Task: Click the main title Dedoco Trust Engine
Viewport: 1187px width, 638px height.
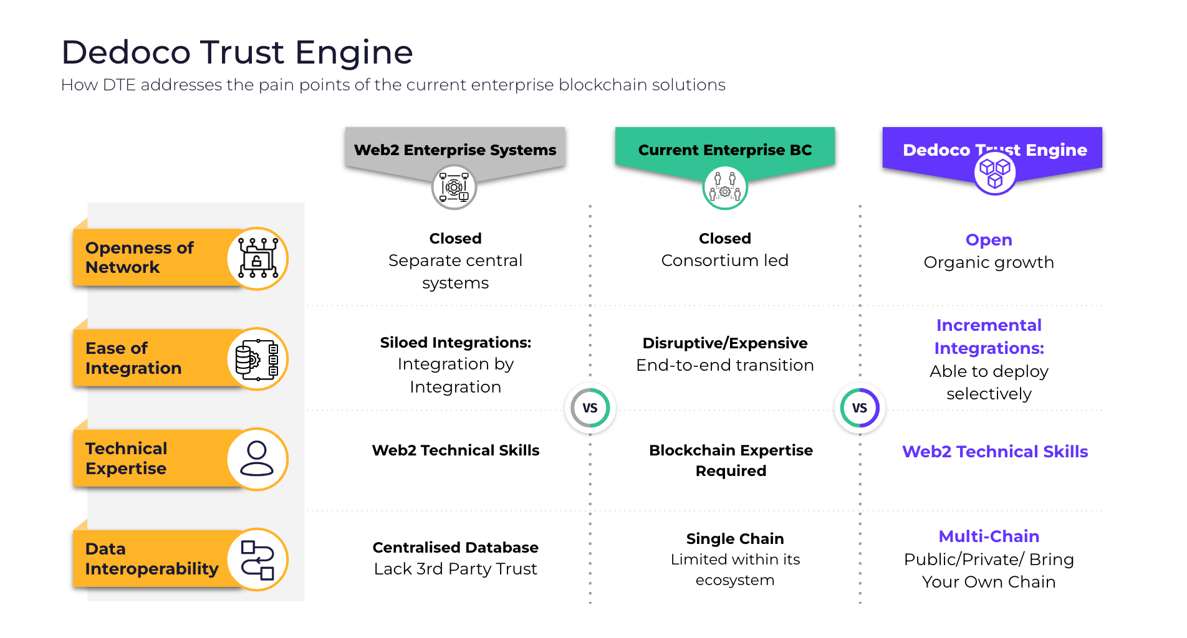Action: pyautogui.click(x=237, y=52)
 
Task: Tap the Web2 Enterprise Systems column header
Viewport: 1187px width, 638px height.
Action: pyautogui.click(x=455, y=150)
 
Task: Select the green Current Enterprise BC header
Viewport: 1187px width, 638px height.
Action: pyautogui.click(x=724, y=150)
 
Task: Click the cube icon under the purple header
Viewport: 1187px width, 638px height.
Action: pyautogui.click(x=994, y=173)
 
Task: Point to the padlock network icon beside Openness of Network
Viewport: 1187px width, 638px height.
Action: pyautogui.click(x=257, y=259)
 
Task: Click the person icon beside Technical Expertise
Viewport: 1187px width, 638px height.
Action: pyautogui.click(x=257, y=459)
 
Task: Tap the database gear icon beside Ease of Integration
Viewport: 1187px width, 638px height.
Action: pyautogui.click(x=257, y=359)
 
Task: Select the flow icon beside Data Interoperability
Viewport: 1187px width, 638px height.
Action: pyautogui.click(x=257, y=559)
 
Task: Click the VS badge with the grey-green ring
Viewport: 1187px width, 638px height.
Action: pyautogui.click(x=590, y=408)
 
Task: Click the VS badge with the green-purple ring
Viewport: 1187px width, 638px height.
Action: pyautogui.click(x=859, y=408)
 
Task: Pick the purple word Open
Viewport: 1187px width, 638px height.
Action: pyautogui.click(x=988, y=240)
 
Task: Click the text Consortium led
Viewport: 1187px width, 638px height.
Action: pyautogui.click(x=724, y=260)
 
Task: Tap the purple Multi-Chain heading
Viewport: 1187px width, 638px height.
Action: pyautogui.click(x=988, y=536)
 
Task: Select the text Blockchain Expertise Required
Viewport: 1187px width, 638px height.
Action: pyautogui.click(x=731, y=460)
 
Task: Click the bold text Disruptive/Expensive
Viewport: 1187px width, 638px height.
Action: pyautogui.click(x=724, y=343)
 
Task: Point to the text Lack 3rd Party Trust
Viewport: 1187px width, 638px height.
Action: pyautogui.click(x=455, y=569)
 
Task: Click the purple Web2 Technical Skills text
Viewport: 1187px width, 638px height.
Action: pyautogui.click(x=994, y=452)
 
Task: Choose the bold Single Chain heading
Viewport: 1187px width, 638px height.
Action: pyautogui.click(x=734, y=539)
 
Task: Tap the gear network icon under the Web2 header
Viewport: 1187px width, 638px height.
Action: pyautogui.click(x=454, y=187)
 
